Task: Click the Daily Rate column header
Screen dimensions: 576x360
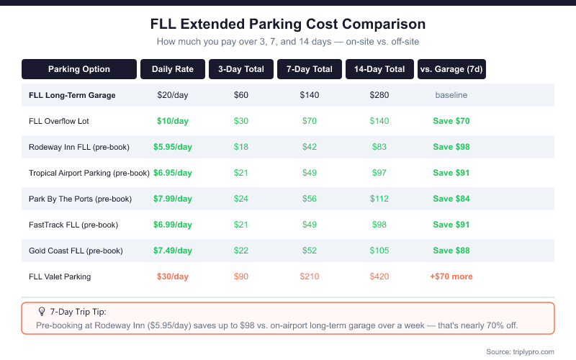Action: pos(173,69)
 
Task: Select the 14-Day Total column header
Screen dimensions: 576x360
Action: pos(379,69)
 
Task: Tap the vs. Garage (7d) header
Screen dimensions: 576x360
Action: pos(451,69)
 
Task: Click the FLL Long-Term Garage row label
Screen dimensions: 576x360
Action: pos(72,95)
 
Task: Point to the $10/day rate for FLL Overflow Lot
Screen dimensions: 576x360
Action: pos(173,121)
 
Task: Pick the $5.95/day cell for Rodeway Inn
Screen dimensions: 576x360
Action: pos(173,147)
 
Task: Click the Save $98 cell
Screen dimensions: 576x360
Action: pos(451,147)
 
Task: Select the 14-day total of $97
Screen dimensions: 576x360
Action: pos(379,173)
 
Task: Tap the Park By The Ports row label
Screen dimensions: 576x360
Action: pos(80,199)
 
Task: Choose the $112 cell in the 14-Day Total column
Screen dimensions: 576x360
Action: pos(379,199)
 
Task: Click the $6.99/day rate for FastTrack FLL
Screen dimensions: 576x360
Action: pos(173,225)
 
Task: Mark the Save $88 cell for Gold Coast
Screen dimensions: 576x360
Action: pos(451,251)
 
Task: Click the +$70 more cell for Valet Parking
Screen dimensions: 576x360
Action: pos(451,276)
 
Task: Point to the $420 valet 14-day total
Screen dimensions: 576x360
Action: pos(379,276)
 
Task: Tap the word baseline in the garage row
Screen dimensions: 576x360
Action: pos(451,95)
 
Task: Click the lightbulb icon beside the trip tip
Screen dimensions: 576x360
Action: pos(42,312)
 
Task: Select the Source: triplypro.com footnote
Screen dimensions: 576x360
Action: pos(520,351)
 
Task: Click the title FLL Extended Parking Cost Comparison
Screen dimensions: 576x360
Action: pos(288,24)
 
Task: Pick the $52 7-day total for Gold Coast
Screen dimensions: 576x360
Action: pos(310,251)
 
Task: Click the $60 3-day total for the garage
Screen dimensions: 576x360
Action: pos(241,95)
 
